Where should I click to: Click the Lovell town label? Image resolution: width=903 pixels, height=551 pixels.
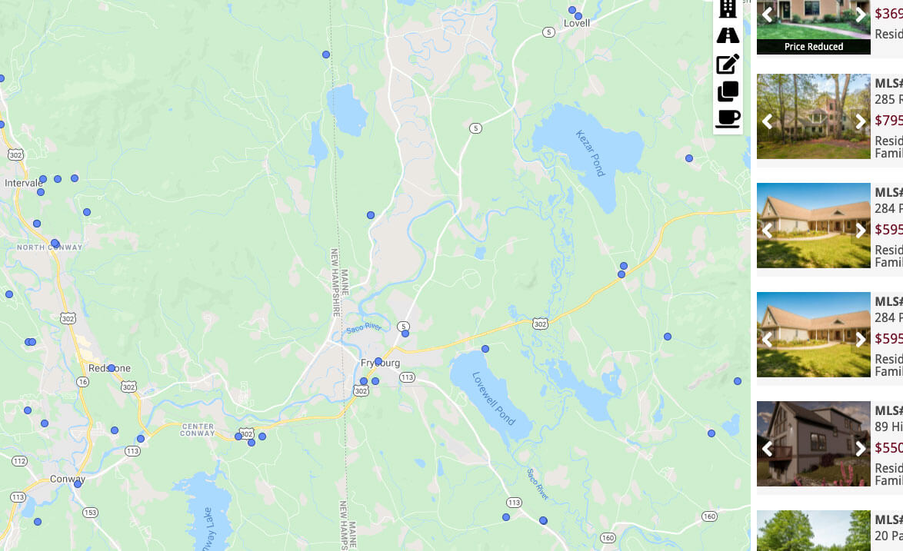click(577, 23)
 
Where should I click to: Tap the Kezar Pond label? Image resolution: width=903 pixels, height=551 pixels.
click(591, 153)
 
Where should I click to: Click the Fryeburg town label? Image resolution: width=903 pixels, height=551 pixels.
click(380, 363)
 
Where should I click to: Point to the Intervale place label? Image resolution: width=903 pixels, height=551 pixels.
click(23, 183)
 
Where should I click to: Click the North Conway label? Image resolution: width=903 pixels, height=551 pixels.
click(49, 247)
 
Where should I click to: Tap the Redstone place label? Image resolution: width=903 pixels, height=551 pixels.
click(109, 369)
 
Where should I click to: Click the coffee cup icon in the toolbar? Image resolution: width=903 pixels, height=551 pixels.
click(728, 118)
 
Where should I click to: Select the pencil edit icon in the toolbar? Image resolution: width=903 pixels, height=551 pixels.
click(728, 64)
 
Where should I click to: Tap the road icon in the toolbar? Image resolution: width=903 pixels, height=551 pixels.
click(728, 35)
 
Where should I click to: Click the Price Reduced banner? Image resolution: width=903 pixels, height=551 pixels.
click(814, 47)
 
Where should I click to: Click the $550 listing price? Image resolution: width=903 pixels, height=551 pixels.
click(888, 448)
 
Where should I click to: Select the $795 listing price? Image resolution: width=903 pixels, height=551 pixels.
click(888, 121)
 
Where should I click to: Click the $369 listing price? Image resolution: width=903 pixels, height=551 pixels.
click(888, 13)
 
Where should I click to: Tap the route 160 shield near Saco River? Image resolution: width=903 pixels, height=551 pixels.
click(608, 537)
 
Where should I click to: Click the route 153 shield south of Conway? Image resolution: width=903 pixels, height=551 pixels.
click(91, 513)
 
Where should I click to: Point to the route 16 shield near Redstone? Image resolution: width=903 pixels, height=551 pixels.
click(82, 381)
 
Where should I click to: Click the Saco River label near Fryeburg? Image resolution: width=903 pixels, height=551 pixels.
click(364, 328)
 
